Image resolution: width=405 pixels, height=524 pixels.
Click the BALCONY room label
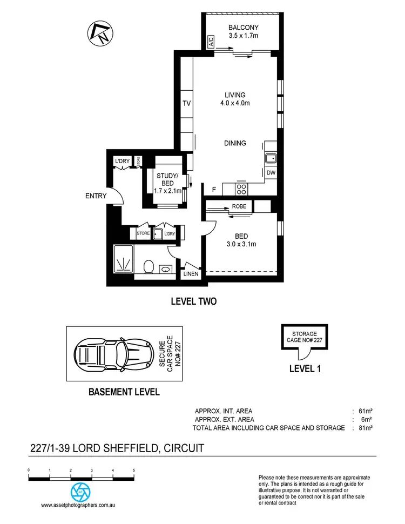coord(243,28)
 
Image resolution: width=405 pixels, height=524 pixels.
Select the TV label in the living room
coord(187,103)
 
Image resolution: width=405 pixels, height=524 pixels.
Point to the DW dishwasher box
coord(271,172)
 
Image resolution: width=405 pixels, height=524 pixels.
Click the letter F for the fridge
coord(214,190)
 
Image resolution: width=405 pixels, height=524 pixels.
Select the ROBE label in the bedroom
coord(239,206)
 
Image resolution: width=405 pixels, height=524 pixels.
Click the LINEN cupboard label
coord(191,274)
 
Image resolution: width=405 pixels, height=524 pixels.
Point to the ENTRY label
coord(96,196)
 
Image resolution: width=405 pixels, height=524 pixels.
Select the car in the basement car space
coord(112,355)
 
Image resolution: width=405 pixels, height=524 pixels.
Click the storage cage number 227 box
coord(305,337)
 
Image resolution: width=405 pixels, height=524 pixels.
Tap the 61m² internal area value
coord(365,411)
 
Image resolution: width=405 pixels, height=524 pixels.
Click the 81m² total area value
coord(365,428)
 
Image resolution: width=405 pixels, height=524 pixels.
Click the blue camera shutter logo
coord(82,491)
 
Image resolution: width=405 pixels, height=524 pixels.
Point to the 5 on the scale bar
coord(133,471)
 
